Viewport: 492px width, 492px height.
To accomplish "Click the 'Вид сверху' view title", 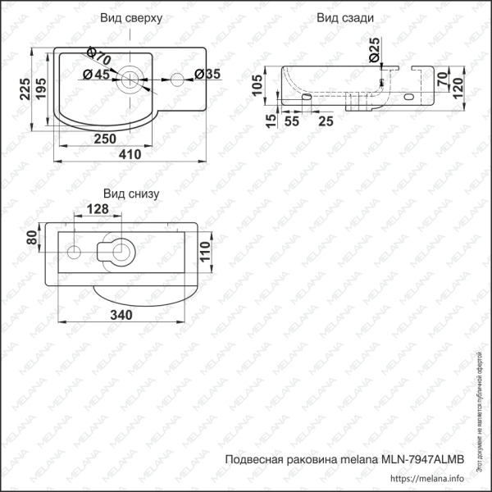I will tap(131, 17).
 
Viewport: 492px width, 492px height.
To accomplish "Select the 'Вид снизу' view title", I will tap(131, 194).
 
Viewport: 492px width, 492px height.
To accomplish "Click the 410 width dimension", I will tap(130, 154).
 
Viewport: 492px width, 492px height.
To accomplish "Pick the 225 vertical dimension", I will tap(25, 88).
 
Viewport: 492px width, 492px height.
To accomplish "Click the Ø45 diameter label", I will tap(97, 75).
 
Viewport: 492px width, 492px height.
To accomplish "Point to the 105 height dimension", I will tap(257, 84).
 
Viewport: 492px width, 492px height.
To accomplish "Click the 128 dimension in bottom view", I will tap(97, 211).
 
